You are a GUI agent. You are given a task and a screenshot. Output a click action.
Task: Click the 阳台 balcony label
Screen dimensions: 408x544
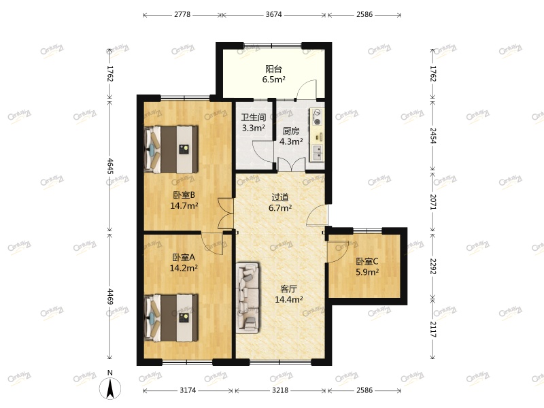pyautogui.click(x=273, y=69)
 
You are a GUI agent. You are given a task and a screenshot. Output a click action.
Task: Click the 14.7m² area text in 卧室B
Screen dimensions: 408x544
pyautogui.click(x=184, y=206)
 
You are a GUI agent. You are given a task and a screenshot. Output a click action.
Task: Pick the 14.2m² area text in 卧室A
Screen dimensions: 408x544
pyautogui.click(x=183, y=269)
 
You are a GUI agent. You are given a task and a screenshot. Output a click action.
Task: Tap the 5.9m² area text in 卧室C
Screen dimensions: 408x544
pyautogui.click(x=367, y=272)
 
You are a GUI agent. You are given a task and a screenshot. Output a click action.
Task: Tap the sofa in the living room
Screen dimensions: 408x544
pyautogui.click(x=248, y=298)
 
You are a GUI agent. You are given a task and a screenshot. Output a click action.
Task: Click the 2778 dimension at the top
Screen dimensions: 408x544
pyautogui.click(x=182, y=14)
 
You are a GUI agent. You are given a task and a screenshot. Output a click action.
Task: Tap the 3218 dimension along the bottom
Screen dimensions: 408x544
pyautogui.click(x=279, y=391)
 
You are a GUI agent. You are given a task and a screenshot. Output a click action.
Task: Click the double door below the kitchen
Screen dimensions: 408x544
pyautogui.click(x=290, y=164)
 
